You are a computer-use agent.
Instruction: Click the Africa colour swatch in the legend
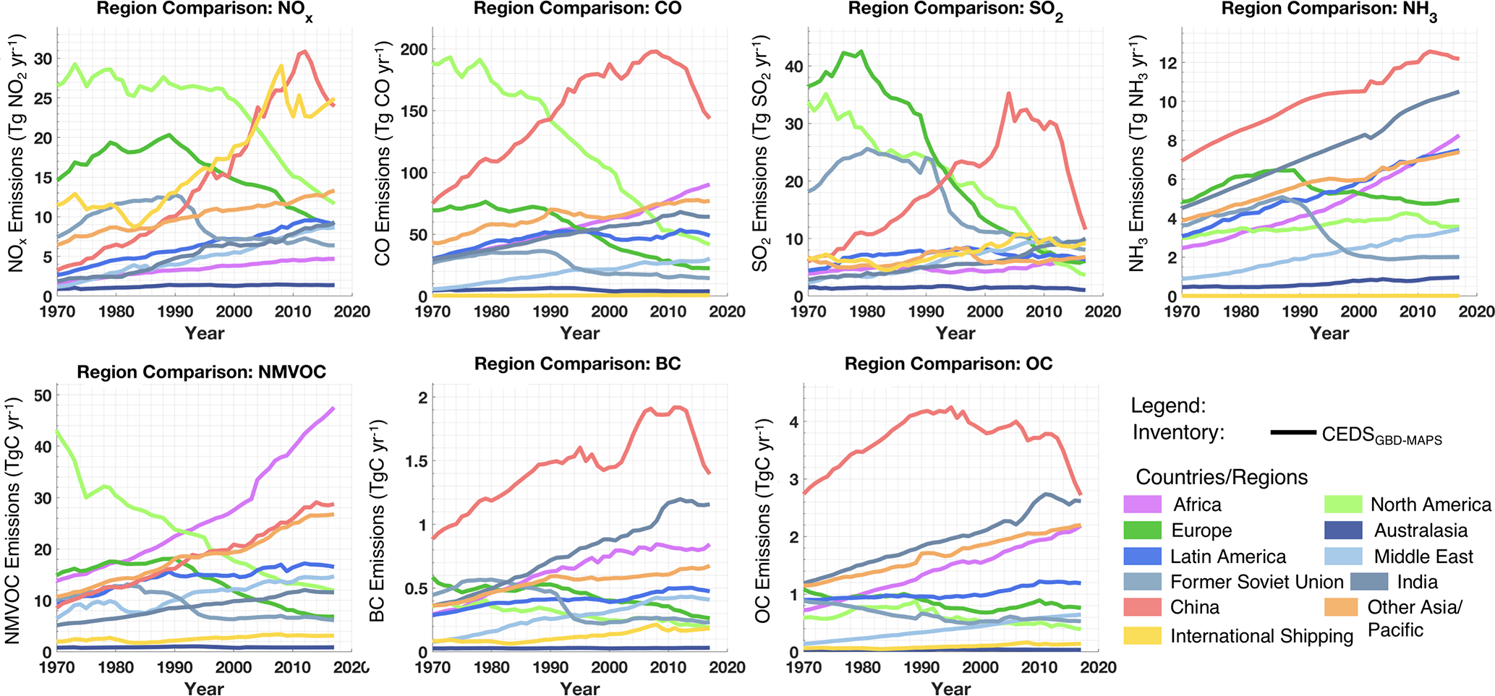pos(1142,504)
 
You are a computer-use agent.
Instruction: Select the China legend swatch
pos(1142,607)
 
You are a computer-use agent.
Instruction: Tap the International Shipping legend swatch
pos(1142,635)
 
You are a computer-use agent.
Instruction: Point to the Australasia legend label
pos(1421,530)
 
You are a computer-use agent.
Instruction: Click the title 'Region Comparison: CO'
pos(577,9)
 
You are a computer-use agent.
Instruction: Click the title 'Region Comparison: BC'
pos(577,364)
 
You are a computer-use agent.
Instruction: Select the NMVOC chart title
pos(201,372)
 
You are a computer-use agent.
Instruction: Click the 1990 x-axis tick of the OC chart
pos(921,667)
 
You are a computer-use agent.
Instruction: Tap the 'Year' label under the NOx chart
pos(204,333)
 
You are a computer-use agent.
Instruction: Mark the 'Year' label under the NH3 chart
pos(1329,333)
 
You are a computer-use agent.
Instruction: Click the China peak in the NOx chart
pos(304,51)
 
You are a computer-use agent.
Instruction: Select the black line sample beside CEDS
pos(1292,432)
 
